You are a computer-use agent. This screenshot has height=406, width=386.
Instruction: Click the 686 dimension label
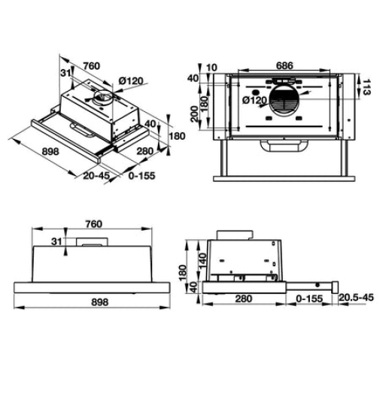click(283, 66)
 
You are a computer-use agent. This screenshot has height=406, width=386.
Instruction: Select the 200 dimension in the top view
click(194, 114)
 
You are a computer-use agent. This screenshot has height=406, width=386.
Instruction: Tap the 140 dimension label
click(202, 260)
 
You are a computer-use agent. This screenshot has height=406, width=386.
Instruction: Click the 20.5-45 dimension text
click(357, 298)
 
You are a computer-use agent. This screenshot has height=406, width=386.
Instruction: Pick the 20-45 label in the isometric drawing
click(96, 177)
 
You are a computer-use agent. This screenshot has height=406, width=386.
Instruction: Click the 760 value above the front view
click(93, 223)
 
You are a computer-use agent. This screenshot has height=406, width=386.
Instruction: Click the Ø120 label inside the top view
click(254, 99)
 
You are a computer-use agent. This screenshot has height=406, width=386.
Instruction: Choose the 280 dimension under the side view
click(242, 298)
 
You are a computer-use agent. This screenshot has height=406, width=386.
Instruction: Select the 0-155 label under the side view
click(310, 298)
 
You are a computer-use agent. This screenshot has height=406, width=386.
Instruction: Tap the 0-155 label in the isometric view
click(143, 177)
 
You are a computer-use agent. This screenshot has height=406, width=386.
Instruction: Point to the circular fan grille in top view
click(288, 100)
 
